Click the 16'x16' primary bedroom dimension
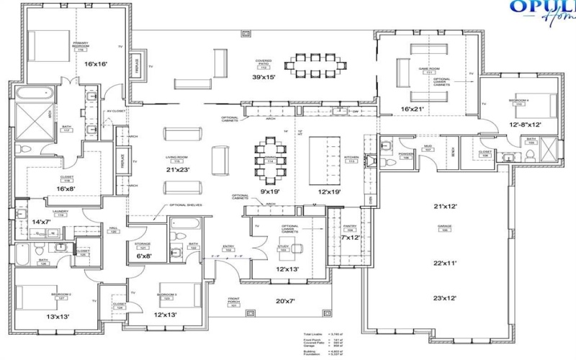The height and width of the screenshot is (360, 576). (96, 64)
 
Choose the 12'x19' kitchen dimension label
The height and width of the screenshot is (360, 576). (324, 192)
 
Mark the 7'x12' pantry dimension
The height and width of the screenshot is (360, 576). (350, 237)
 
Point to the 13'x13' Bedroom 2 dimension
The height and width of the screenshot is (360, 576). (58, 316)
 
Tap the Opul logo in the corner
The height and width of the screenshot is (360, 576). (540, 9)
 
